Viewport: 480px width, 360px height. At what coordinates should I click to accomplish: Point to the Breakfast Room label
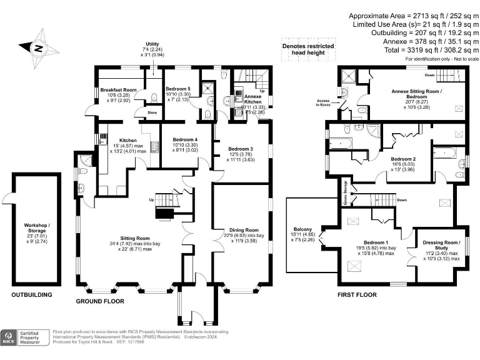coord(119,90)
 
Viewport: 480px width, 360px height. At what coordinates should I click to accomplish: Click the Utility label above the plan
coord(152,44)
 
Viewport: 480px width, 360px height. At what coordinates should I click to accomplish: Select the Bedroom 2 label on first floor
coord(403,159)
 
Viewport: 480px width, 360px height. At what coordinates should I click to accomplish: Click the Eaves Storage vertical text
coord(344,192)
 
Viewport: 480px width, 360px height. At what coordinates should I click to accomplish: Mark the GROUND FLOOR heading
coord(99,301)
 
